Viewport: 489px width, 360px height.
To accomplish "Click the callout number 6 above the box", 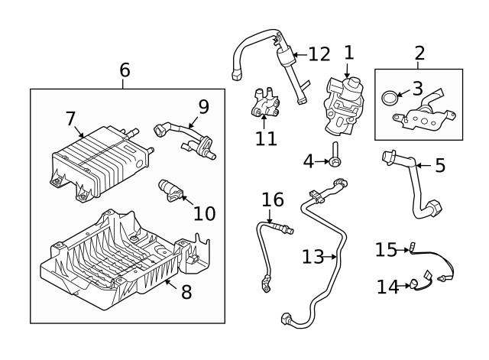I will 125,70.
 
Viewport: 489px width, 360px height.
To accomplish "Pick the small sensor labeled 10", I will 173,191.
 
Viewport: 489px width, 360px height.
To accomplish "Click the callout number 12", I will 319,54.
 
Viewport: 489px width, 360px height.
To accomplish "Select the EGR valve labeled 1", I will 345,103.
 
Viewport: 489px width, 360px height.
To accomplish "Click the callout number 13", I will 313,257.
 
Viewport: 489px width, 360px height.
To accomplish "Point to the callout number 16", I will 272,200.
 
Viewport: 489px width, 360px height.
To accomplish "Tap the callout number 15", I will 387,249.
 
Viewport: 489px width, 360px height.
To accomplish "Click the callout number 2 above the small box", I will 419,54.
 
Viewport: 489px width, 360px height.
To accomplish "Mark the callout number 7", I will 70,118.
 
